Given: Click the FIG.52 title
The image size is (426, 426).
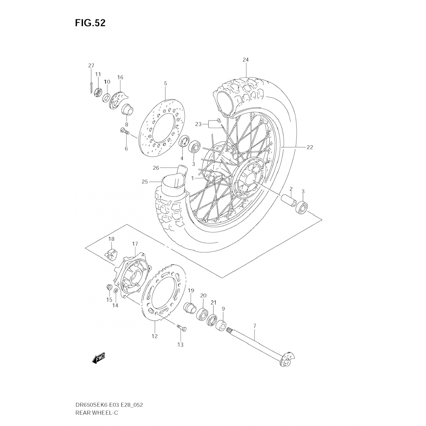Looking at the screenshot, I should (x=90, y=23).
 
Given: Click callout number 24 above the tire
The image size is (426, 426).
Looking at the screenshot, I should (x=245, y=60).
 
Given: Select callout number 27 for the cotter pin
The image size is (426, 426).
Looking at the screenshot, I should (x=91, y=66).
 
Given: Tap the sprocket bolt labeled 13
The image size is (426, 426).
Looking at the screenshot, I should (x=182, y=328).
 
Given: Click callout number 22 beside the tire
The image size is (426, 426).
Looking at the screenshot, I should (x=310, y=147).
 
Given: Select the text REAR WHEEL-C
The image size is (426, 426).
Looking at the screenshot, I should (x=97, y=412).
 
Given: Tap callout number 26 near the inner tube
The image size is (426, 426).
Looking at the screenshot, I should (x=156, y=168).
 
